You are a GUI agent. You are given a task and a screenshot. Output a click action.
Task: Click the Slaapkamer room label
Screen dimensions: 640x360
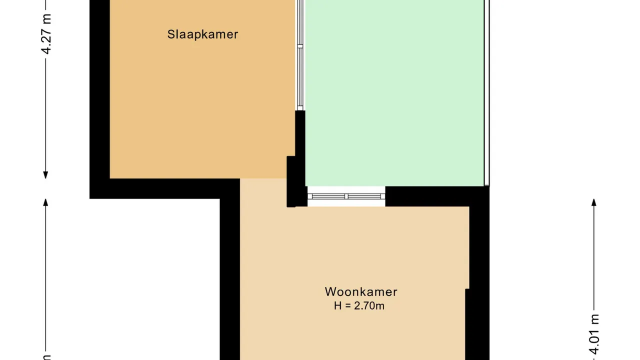pos(202,34)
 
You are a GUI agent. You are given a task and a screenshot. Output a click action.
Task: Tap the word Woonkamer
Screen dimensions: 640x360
pos(361,291)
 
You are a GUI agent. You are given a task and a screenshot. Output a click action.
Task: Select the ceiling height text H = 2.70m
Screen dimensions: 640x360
pos(359,305)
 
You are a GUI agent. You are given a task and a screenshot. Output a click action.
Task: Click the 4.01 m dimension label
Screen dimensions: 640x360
pos(594,334)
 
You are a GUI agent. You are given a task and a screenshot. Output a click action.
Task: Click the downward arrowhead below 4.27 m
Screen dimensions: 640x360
pos(45,175)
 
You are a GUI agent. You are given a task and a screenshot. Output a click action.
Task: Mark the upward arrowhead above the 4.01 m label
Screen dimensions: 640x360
pos(594,202)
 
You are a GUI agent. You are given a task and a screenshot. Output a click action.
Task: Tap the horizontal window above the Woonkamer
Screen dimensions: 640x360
pos(346,196)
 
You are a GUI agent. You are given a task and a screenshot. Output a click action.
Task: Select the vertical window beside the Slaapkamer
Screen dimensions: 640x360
pos(300,55)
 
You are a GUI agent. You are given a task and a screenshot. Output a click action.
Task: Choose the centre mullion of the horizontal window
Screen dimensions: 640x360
pos(346,196)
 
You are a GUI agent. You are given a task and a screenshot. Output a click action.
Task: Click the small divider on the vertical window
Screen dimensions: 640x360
pos(300,46)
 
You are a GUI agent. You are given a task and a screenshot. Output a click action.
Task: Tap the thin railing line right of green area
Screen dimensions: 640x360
pos(487,93)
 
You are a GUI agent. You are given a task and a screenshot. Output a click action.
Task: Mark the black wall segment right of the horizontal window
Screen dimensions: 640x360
pos(437,196)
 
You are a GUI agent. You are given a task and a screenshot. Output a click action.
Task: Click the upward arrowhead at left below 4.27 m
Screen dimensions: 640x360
pos(45,202)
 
